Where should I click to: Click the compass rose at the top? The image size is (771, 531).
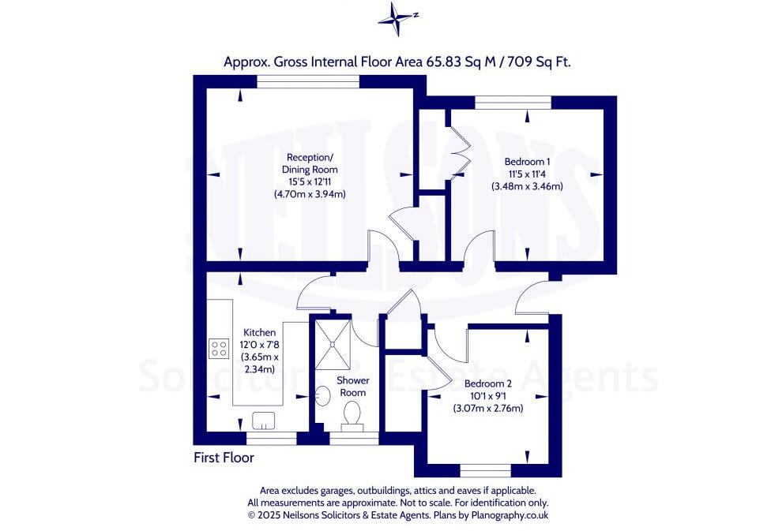coord(395,19)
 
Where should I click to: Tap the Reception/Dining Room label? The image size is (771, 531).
coord(310,163)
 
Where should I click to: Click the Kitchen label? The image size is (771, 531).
coord(260,332)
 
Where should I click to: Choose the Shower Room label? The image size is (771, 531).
coord(352,387)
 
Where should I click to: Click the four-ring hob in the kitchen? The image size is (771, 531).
coord(219,348)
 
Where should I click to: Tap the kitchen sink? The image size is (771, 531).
coord(264,421)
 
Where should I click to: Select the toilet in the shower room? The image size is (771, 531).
coord(352,416)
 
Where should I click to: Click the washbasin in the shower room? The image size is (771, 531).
coord(322,396)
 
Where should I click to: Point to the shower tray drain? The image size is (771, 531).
coord(333,344)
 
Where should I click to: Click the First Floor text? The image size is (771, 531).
coord(224,458)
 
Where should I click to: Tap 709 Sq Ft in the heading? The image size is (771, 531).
coord(539,62)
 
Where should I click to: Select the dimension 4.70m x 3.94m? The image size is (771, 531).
coord(310,194)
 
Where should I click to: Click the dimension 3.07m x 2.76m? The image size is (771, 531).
coord(488,408)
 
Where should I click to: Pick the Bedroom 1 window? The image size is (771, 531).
coord(513,102)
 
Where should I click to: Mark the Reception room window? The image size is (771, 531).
coord(308,81)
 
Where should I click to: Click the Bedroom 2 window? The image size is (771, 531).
coord(486,470)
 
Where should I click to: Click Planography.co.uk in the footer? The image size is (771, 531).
coord(510,515)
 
